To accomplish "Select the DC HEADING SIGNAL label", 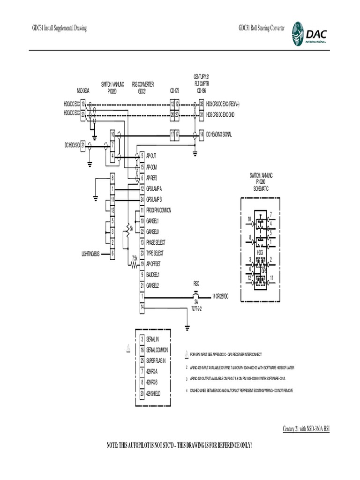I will click(219, 135).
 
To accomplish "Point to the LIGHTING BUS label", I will click(90, 254).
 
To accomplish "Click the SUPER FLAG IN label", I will click(156, 360).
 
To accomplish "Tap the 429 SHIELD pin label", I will click(153, 393).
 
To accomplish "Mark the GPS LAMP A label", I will click(154, 189).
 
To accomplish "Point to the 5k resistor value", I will click(132, 228).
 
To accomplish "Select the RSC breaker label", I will click(196, 284).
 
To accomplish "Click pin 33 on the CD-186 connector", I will click(202, 104).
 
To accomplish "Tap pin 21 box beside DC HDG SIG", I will click(83, 145).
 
